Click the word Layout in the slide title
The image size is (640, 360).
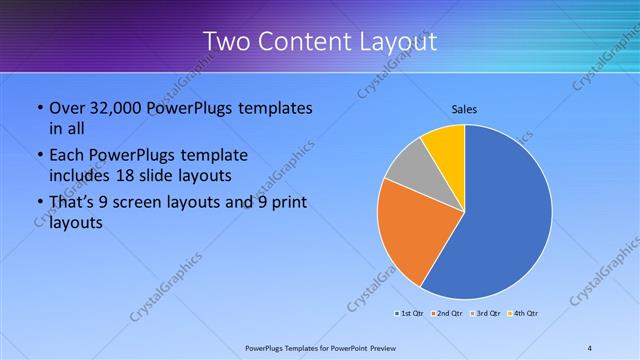[395, 42]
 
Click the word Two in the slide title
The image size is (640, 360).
[224, 42]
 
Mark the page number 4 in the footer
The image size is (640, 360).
[589, 347]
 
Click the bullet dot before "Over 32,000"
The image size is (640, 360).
[39, 108]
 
